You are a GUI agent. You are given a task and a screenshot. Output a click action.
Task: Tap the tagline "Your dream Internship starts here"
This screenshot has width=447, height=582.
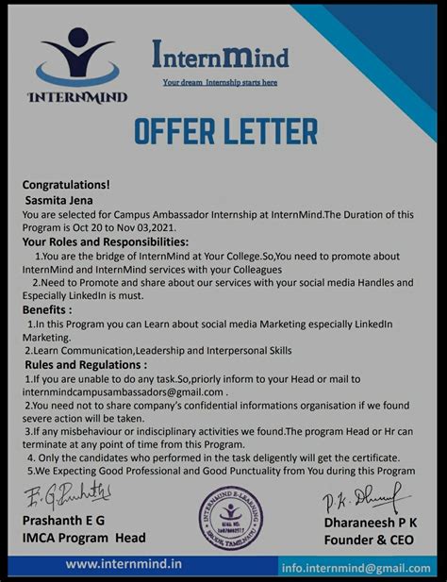[x=220, y=82]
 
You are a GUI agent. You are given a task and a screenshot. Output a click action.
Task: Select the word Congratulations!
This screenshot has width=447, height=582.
[x=66, y=185]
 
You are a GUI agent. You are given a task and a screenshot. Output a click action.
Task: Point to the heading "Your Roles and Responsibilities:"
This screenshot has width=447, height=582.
[x=117, y=242]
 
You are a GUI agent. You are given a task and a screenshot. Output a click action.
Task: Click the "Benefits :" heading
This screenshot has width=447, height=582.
[x=47, y=309]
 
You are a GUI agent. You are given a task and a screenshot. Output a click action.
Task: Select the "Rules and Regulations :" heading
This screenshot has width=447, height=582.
[x=86, y=364]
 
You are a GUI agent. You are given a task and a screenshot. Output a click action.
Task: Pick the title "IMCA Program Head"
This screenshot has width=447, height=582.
[x=84, y=539]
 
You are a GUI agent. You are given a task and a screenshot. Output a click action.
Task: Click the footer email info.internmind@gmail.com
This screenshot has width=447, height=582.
[x=356, y=568]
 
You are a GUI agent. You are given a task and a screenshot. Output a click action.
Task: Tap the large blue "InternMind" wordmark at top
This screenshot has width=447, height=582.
[x=220, y=58]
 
